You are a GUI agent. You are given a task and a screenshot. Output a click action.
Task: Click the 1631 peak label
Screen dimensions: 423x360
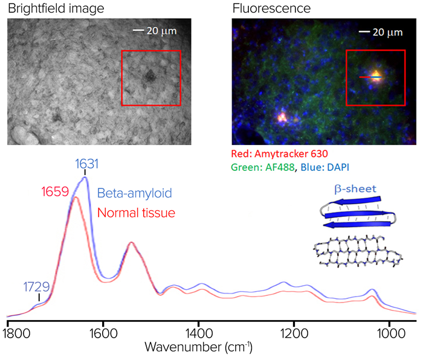(x=87, y=164)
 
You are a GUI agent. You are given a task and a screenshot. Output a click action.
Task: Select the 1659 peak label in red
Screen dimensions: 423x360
(x=56, y=191)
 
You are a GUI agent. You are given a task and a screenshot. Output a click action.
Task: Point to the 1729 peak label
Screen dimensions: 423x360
(x=36, y=287)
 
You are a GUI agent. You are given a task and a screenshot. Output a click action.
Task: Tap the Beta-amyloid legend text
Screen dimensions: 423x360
(x=134, y=193)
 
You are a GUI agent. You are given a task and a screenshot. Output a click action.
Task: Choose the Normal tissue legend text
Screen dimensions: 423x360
(x=136, y=213)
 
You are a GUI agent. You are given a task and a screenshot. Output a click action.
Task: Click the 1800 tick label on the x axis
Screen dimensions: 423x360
(x=17, y=333)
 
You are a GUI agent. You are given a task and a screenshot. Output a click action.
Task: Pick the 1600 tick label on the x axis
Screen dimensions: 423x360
(x=103, y=333)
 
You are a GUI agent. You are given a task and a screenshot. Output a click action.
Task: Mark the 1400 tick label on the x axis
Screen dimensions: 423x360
(x=199, y=333)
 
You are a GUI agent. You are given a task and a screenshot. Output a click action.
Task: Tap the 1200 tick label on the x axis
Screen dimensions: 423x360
(x=294, y=333)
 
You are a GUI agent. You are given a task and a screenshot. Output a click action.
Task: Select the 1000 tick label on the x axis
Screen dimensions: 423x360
(x=391, y=333)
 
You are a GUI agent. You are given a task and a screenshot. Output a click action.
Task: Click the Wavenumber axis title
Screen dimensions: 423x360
(x=199, y=347)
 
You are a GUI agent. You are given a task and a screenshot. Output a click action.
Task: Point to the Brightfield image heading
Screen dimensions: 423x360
(x=56, y=8)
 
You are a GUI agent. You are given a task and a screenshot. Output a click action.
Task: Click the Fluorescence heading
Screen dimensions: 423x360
(x=271, y=8)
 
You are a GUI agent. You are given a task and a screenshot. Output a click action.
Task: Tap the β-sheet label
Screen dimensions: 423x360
(x=355, y=189)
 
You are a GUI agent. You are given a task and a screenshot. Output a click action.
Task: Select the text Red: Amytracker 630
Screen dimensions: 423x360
(x=279, y=153)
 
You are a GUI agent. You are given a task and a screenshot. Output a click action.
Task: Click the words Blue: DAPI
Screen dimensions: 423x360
(x=325, y=167)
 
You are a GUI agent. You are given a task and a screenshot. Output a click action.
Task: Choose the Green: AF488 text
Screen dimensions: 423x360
(x=263, y=167)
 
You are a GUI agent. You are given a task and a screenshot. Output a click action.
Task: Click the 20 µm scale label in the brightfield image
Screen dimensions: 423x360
(x=161, y=31)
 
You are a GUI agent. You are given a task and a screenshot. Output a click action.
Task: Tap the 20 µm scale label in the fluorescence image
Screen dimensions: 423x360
(x=387, y=33)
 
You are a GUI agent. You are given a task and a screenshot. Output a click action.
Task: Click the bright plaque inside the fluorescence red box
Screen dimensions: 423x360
(x=375, y=76)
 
